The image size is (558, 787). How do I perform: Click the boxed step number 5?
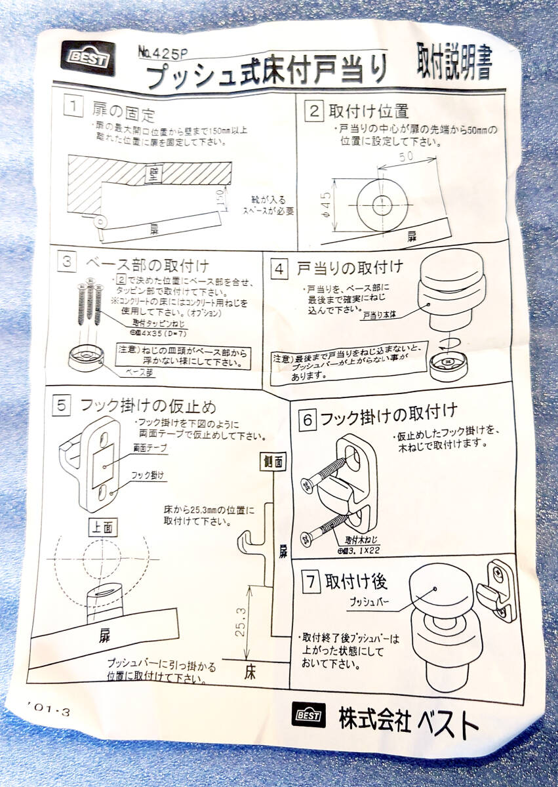tap(60, 405)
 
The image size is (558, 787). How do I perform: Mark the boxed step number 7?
tap(310, 580)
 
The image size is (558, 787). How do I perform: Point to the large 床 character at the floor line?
tap(250, 672)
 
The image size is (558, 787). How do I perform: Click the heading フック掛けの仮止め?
tap(148, 405)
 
